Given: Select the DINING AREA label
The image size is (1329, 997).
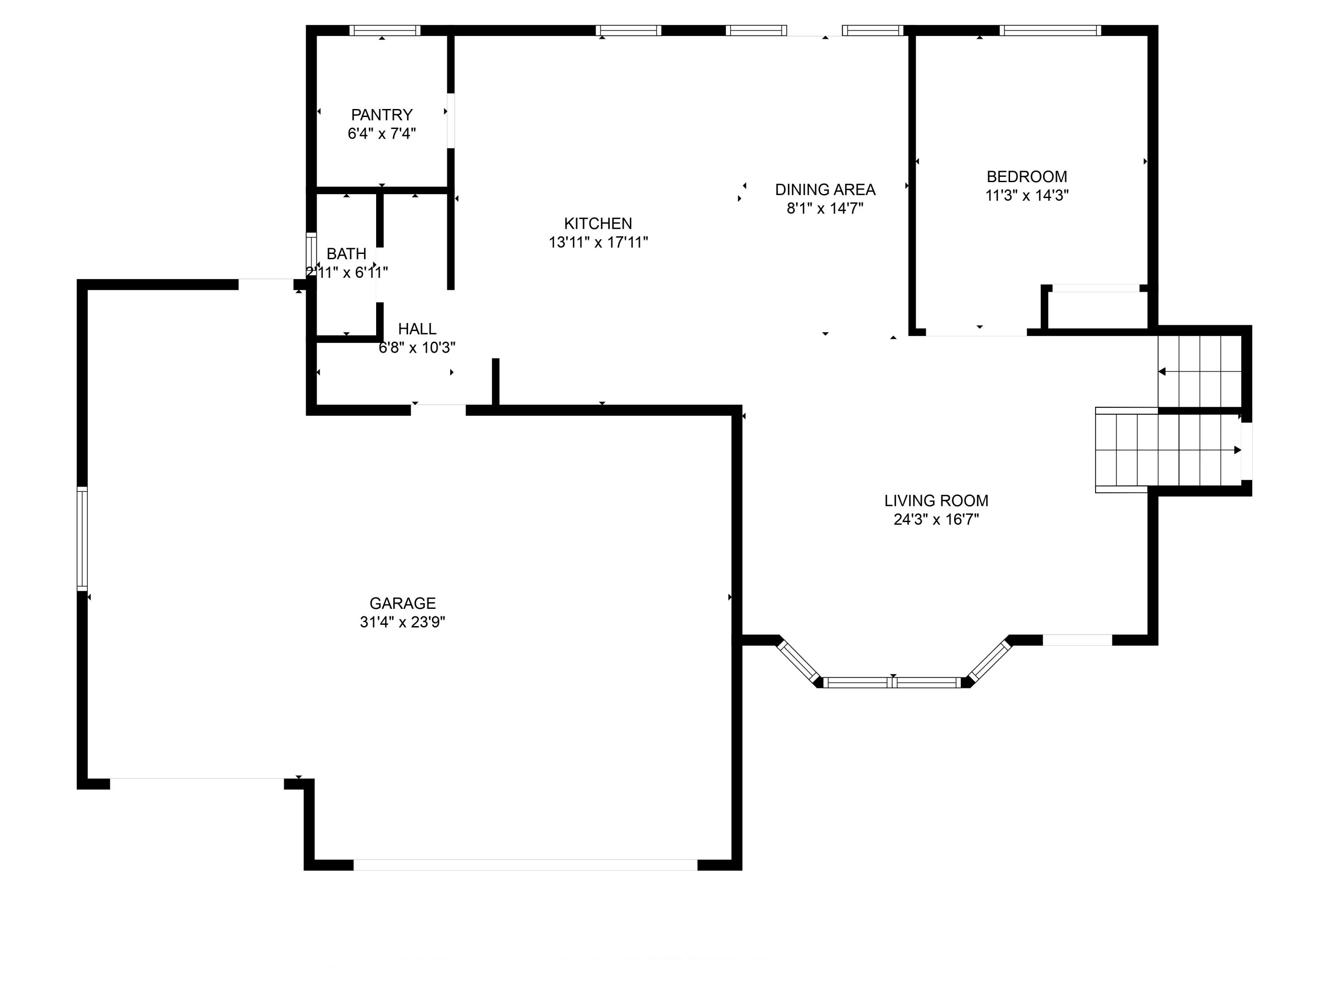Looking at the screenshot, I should click(825, 190).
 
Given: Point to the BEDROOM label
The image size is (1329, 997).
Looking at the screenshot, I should click(1027, 177).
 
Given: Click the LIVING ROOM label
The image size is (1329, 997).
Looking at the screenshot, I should click(936, 501).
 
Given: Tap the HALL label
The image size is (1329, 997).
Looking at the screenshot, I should click(417, 329).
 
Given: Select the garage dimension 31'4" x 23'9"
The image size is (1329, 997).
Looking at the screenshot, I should click(403, 622).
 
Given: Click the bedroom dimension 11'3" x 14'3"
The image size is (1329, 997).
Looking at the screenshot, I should click(1027, 195).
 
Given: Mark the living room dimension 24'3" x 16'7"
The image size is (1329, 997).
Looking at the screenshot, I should click(936, 519).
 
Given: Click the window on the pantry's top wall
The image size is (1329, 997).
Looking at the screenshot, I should click(385, 31).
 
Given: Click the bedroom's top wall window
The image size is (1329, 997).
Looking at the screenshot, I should click(1050, 31).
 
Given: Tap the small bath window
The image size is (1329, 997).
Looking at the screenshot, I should click(311, 253).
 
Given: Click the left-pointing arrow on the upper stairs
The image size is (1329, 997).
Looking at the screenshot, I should click(1162, 371).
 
